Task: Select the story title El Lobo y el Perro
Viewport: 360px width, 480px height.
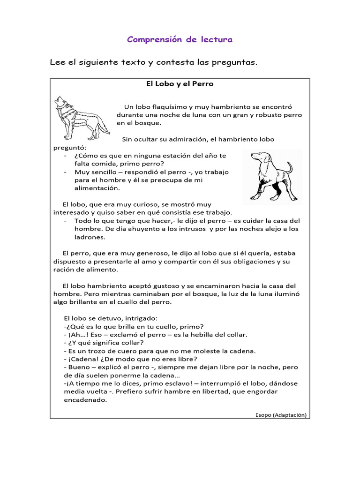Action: pos(180,84)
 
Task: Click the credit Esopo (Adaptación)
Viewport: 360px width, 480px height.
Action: pos(281,414)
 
